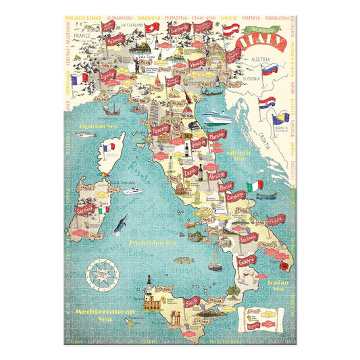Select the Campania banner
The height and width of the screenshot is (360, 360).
(234, 196)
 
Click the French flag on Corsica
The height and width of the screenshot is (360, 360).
(107, 147)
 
